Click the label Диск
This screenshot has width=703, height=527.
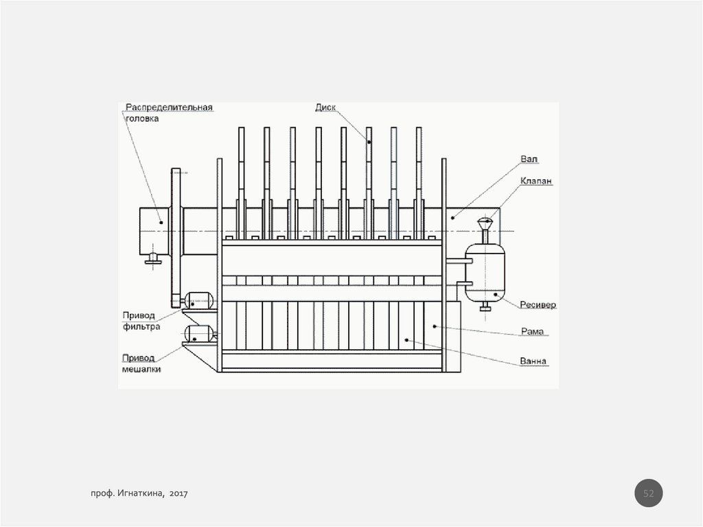click(325, 107)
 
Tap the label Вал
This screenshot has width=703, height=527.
click(529, 159)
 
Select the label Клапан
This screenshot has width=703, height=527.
click(536, 181)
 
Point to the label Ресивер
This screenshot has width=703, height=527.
click(538, 305)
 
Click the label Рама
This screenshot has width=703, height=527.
click(532, 332)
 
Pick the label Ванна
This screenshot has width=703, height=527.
click(533, 361)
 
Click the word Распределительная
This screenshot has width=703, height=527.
click(169, 108)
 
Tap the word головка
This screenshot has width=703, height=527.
click(142, 118)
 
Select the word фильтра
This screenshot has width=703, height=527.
click(141, 327)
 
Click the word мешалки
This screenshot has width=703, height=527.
click(141, 370)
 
